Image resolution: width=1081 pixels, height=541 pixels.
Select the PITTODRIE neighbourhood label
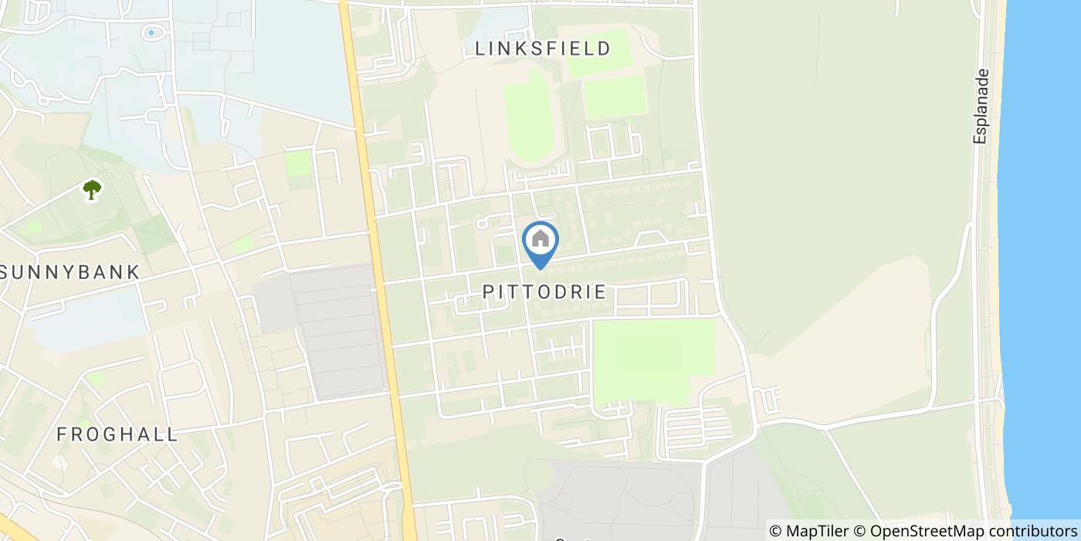(x=544, y=292)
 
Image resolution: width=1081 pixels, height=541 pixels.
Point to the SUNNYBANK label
(x=70, y=272)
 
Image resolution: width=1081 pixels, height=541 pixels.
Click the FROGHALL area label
(x=117, y=434)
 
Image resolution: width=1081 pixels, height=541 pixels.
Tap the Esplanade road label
(x=981, y=106)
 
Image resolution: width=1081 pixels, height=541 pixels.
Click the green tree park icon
(x=92, y=189)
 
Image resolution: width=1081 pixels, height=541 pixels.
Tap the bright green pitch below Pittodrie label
(x=652, y=359)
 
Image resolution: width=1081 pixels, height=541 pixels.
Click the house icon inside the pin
(x=540, y=239)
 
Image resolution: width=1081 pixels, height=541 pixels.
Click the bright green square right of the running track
(x=614, y=97)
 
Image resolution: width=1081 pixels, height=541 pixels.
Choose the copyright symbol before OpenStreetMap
(x=860, y=531)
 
